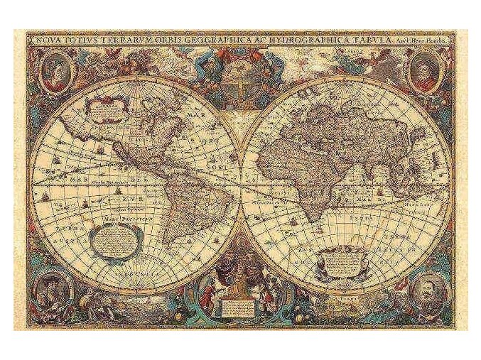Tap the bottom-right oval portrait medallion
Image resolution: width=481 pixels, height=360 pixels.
[x=426, y=290]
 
